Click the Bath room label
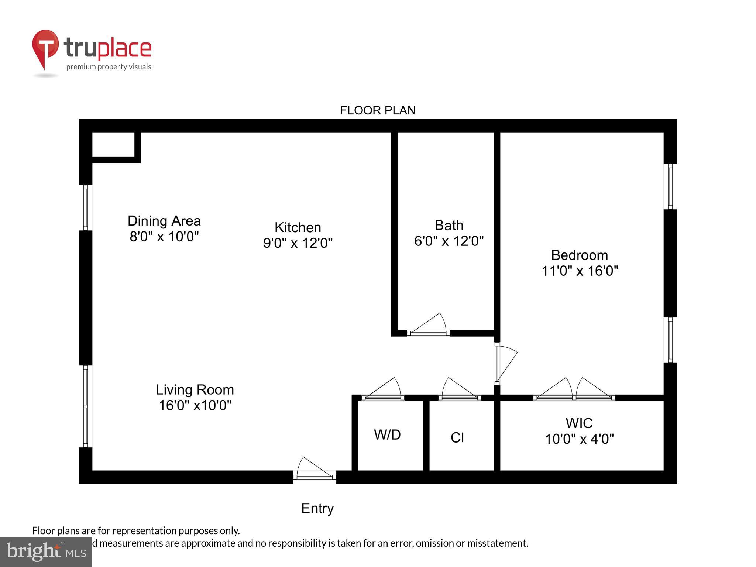449,225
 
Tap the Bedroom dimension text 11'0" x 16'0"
580,271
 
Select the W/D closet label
387,435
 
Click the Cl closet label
457,438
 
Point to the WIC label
579,423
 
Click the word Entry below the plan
317,508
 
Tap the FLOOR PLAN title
378,110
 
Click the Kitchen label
298,227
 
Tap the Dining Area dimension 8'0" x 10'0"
164,236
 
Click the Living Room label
195,390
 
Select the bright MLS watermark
46,551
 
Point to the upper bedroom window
670,186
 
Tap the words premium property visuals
109,67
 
